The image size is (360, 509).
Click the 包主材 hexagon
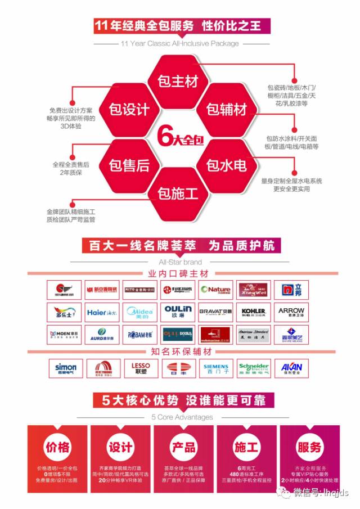tap(178, 81)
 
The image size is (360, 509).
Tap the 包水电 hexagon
tap(226, 165)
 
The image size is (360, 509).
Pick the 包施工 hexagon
tap(178, 195)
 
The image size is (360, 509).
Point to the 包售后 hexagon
tap(129, 165)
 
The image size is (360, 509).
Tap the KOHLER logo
tap(254, 311)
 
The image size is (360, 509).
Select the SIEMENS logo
tap(215, 368)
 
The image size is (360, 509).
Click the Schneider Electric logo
tap(254, 368)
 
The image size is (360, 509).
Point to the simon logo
tap(65, 368)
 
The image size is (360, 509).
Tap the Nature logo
tap(215, 290)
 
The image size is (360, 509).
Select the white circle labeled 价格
tap(57, 447)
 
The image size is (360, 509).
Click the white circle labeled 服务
tap(309, 447)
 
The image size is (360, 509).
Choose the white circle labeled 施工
tap(246, 447)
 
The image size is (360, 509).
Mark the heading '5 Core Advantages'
tap(182, 417)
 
